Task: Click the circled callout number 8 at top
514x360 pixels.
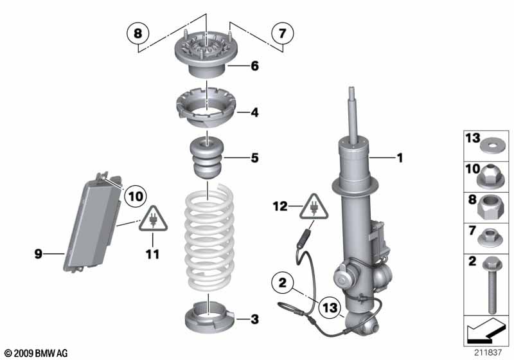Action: [137, 32]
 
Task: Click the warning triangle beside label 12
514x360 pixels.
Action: [315, 207]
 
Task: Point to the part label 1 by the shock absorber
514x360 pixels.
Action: [399, 157]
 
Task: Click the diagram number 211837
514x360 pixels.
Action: [486, 352]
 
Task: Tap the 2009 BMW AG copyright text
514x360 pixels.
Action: [36, 353]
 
